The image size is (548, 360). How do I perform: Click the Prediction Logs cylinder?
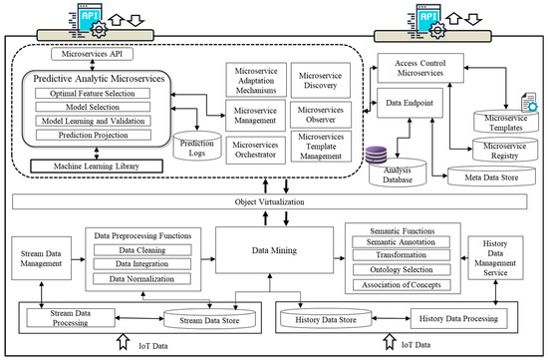coord(197,143)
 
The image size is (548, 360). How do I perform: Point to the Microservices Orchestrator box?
coord(256,150)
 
